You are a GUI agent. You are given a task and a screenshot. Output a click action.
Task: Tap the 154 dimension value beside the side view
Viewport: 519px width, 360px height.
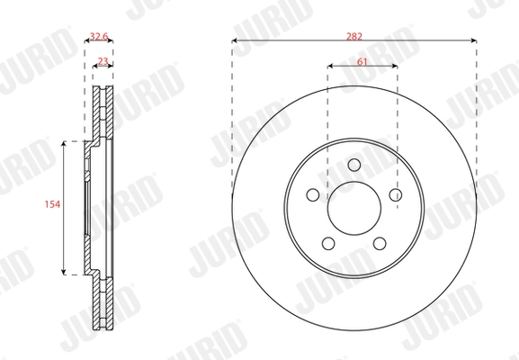click(x=51, y=206)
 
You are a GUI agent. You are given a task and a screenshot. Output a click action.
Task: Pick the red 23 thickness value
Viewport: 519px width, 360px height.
click(x=103, y=61)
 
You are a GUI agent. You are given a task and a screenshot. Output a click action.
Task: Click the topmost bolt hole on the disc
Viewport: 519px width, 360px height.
click(x=353, y=164)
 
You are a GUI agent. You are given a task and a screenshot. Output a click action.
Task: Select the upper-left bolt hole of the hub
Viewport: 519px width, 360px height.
click(x=313, y=194)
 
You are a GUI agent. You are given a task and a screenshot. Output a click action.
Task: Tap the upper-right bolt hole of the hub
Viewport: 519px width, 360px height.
click(x=395, y=194)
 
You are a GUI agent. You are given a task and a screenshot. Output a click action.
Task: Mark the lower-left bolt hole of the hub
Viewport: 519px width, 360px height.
click(x=328, y=243)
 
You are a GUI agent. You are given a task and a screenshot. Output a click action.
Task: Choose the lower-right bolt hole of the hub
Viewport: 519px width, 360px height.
click(x=379, y=243)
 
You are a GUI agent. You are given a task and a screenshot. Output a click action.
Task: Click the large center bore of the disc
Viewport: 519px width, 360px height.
click(x=353, y=208)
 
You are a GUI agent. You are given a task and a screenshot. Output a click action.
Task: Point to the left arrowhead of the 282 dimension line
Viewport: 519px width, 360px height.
click(x=235, y=40)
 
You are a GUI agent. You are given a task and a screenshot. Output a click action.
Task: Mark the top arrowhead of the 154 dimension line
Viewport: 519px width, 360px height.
click(x=64, y=143)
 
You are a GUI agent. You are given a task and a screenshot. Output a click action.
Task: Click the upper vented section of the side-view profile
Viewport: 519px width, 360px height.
click(x=103, y=113)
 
